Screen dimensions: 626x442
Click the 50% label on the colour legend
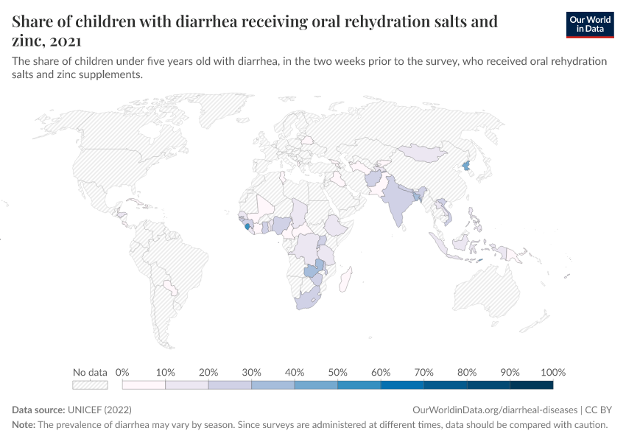coord(337,372)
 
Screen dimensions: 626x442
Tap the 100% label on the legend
coord(553,372)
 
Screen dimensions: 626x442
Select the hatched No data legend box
coord(90,385)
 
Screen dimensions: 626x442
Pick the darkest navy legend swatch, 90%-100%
coord(531,385)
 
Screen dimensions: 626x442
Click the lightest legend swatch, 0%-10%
coord(144,385)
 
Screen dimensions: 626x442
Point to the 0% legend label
coord(123,372)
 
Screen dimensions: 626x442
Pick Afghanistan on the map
coord(374,180)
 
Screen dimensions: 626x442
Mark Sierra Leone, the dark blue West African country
coord(246,226)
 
